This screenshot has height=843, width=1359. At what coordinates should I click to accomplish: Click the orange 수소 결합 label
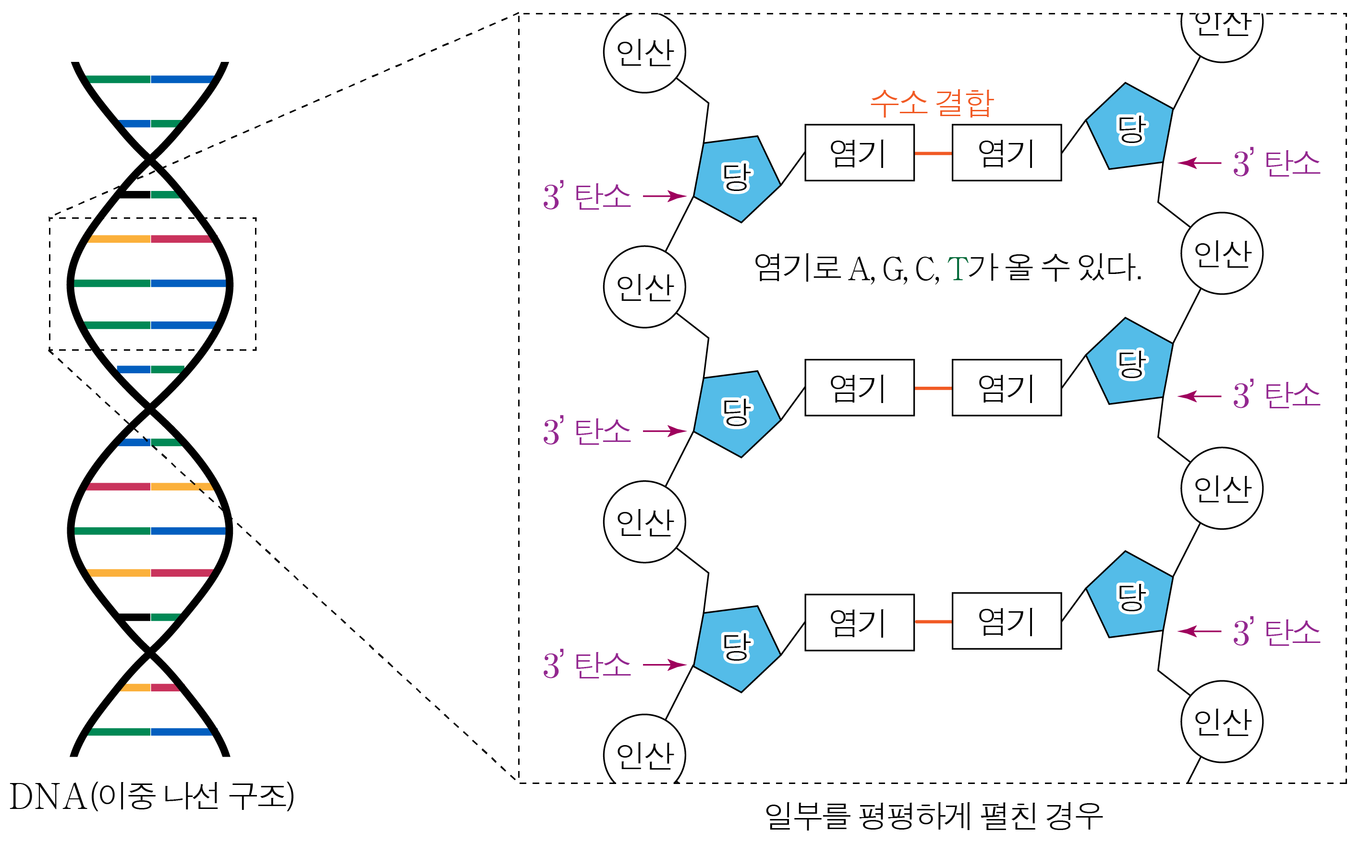coord(932,103)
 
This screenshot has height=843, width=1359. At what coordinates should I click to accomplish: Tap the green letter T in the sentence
coord(958,269)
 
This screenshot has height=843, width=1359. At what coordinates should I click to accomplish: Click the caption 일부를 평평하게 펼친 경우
coord(934,816)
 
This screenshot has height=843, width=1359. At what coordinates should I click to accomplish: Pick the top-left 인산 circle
coord(644,52)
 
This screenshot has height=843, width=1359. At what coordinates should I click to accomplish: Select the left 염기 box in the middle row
coord(859,388)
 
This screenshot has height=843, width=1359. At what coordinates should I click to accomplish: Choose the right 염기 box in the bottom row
coord(1007,621)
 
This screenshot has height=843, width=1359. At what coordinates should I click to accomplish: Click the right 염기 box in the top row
coord(1007,153)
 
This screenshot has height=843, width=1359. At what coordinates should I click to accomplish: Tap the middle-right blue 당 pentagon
coord(1130,363)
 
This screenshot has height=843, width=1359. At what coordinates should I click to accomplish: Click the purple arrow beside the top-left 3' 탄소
coord(664,196)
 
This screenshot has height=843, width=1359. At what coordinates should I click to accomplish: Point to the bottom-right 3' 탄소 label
coord(1276,632)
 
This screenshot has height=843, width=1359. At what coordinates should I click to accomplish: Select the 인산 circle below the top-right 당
coord(1222,253)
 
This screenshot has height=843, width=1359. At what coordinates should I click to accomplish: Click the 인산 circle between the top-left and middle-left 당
coord(644,286)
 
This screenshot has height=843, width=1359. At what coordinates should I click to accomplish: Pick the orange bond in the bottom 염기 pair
coord(933,622)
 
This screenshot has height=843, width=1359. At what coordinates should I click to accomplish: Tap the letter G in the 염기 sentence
coord(894,270)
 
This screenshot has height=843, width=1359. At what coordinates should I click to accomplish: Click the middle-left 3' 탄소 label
coord(587,431)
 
